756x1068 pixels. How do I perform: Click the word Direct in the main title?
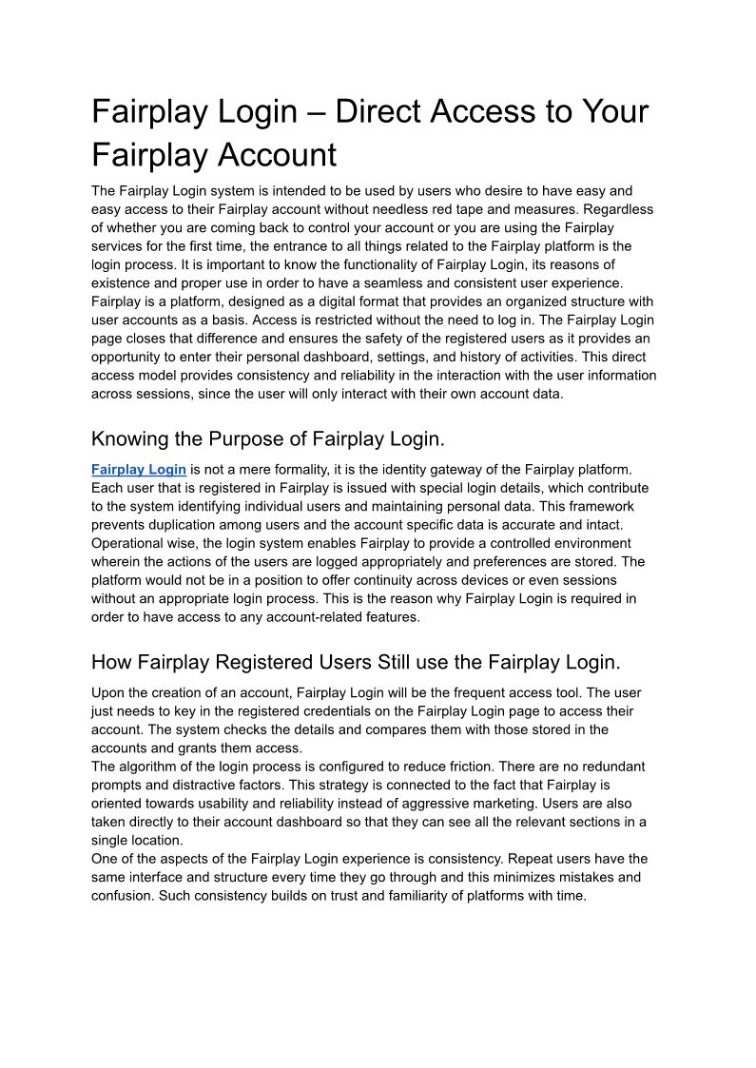pos(380,112)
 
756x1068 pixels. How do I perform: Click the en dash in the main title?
pos(317,112)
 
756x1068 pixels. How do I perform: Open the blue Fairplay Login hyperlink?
pos(139,469)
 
